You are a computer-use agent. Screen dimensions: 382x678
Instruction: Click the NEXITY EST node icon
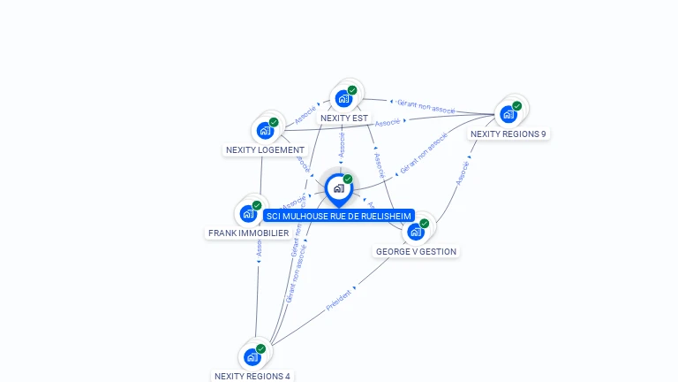click(x=343, y=99)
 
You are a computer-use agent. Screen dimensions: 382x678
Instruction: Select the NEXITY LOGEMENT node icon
click(x=265, y=131)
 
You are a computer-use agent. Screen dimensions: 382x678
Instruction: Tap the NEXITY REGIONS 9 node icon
click(x=508, y=114)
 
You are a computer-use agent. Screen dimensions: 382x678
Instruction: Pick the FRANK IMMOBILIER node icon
click(x=248, y=214)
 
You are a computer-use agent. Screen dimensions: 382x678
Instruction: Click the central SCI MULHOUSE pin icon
click(x=338, y=188)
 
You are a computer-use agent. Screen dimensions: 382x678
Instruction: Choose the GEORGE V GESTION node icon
click(x=416, y=232)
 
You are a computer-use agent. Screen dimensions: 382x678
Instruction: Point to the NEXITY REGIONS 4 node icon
click(x=252, y=357)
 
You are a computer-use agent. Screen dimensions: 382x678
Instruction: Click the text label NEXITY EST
click(x=344, y=118)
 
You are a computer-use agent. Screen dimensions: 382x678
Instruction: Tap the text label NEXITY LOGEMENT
click(x=265, y=150)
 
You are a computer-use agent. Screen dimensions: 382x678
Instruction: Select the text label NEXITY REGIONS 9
click(x=508, y=134)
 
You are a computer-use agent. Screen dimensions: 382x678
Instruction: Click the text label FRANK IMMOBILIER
click(x=248, y=233)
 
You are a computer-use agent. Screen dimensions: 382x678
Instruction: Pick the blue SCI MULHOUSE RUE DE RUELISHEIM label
click(x=339, y=216)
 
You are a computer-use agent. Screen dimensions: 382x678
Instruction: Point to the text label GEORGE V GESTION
click(x=416, y=251)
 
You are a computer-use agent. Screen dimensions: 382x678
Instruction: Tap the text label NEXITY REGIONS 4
click(x=252, y=376)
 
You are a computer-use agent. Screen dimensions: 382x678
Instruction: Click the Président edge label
click(x=338, y=299)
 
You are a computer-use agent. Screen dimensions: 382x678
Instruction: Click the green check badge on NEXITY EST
click(x=352, y=90)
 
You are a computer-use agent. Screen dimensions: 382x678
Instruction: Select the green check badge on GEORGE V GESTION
click(x=425, y=223)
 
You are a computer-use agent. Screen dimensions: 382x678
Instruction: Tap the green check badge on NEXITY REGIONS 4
click(x=261, y=348)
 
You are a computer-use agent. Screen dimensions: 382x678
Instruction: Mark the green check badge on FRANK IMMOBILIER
click(x=257, y=205)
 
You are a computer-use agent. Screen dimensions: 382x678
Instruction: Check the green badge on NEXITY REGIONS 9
click(x=517, y=105)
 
